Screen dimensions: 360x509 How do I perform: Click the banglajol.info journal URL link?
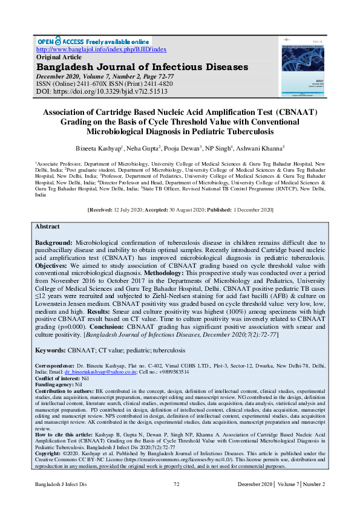pos(102,49)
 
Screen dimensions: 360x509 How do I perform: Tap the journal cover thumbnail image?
pos(301,70)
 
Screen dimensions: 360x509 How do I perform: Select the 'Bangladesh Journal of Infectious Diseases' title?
pos(142,66)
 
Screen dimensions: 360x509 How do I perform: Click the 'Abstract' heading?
pos(47,227)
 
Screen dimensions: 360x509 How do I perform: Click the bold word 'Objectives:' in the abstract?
pos(53,265)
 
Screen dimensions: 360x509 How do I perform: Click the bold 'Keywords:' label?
pos(51,350)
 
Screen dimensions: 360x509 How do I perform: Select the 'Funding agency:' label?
pos(54,384)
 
